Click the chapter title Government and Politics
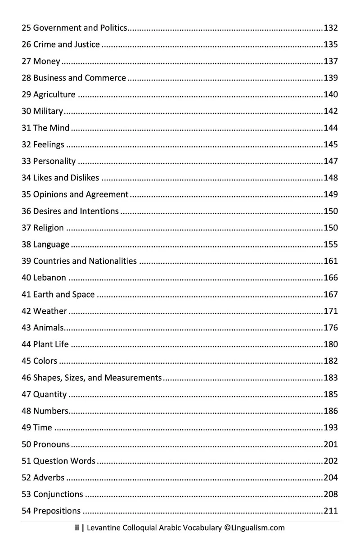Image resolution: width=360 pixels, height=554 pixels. (x=80, y=28)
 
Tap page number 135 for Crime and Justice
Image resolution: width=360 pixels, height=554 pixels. (x=330, y=45)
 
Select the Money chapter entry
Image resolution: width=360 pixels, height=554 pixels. (x=46, y=61)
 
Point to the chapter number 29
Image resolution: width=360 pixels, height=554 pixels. (x=26, y=95)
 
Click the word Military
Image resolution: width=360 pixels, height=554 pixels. (x=48, y=111)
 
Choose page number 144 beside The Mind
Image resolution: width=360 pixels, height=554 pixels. (x=330, y=128)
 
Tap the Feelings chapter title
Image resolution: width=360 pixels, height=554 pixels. (x=49, y=144)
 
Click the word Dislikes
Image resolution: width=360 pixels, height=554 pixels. (x=85, y=178)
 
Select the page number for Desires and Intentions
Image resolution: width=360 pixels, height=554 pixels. (x=330, y=211)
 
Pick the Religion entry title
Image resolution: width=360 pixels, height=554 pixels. (x=49, y=228)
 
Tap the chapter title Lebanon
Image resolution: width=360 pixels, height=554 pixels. (x=49, y=278)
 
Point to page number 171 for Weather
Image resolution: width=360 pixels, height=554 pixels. (x=330, y=311)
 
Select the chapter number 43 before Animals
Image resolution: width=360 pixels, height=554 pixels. (x=26, y=328)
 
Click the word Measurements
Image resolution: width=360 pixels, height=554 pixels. (x=133, y=378)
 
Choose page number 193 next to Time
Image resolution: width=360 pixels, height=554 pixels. (x=330, y=428)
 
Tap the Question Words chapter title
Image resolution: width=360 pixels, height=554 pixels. (x=64, y=461)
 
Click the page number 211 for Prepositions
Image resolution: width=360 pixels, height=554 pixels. (x=330, y=511)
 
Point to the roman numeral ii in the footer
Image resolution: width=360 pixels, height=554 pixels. (x=76, y=528)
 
